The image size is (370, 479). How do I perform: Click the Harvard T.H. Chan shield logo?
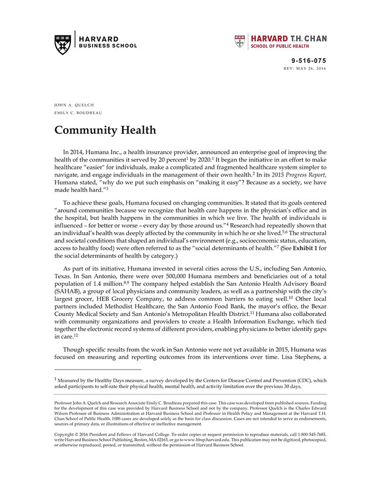click(240, 42)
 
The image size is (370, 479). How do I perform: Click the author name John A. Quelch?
click(74, 105)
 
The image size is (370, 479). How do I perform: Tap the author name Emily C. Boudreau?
click(79, 113)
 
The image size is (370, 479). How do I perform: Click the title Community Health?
click(105, 130)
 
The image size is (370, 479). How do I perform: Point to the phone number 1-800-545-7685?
click(309, 434)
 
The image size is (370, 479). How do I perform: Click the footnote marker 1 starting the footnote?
click(55, 379)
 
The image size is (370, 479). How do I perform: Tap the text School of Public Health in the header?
click(280, 47)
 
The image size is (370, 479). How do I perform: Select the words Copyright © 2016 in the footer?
click(75, 434)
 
